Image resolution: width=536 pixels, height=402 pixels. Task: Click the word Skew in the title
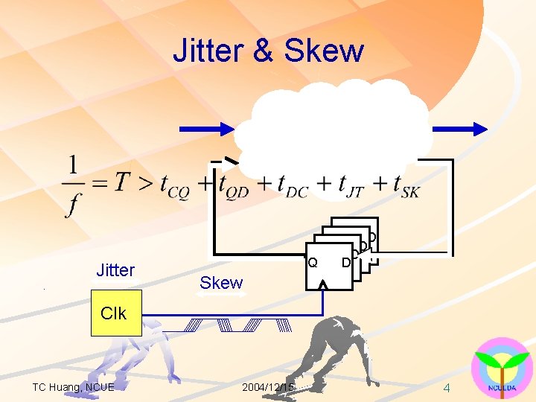pyautogui.click(x=324, y=51)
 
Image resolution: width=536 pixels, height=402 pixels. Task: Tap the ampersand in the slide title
pyautogui.click(x=262, y=51)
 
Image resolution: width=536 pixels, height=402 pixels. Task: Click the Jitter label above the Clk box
pyautogui.click(x=115, y=270)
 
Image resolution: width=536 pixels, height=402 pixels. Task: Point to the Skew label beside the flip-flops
pyautogui.click(x=221, y=283)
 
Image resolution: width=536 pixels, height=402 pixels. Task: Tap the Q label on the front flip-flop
pyautogui.click(x=313, y=262)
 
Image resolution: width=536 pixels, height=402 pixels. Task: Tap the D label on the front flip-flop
pyautogui.click(x=345, y=262)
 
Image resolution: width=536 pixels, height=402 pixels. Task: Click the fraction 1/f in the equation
pyautogui.click(x=72, y=185)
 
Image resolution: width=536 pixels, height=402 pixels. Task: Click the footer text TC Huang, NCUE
pyautogui.click(x=74, y=387)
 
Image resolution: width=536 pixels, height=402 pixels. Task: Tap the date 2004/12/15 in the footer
pyautogui.click(x=268, y=387)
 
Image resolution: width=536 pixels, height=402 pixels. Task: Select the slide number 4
pyautogui.click(x=447, y=388)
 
